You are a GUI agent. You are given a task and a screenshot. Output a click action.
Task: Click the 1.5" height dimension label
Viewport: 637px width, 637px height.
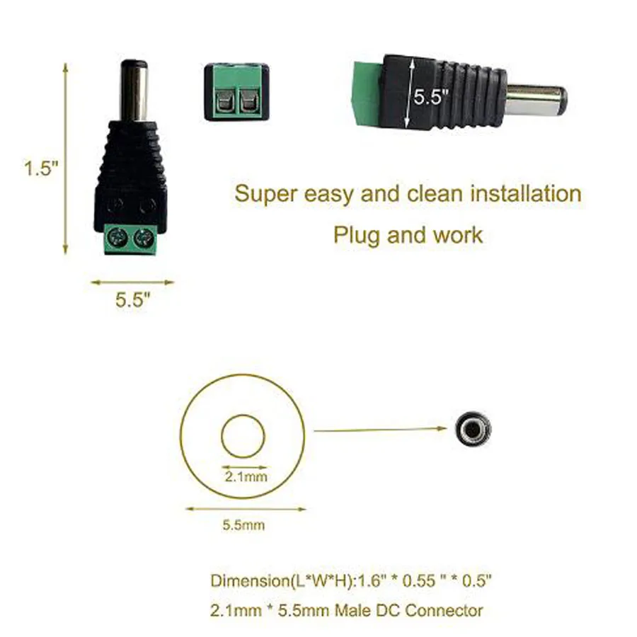click(x=42, y=168)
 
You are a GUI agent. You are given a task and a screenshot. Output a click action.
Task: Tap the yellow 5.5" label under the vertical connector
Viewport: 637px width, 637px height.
click(x=133, y=300)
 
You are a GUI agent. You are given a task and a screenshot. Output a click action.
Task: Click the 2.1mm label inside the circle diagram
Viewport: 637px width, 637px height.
click(x=246, y=476)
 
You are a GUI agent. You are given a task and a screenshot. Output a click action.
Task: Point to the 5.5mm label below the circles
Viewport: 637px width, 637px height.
click(x=243, y=525)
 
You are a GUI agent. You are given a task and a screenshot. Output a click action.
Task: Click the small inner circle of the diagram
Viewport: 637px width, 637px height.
click(x=243, y=436)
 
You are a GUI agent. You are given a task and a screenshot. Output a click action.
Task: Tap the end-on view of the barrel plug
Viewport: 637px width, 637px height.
click(x=473, y=429)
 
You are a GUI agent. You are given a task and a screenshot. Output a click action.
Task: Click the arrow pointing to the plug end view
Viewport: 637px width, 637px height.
click(x=380, y=429)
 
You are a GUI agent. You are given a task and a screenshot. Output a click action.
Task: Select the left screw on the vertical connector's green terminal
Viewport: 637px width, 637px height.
click(x=117, y=236)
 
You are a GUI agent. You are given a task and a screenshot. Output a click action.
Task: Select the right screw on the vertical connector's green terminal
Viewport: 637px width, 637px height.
click(x=144, y=236)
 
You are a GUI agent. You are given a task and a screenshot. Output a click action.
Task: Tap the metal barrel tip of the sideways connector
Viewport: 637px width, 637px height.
click(x=536, y=101)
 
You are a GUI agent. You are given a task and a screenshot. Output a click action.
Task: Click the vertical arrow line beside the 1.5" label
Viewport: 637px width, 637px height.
click(x=65, y=159)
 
